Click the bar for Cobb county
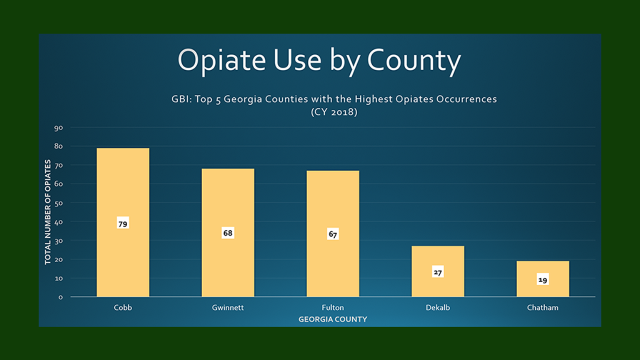pos(123,222)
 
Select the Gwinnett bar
pos(228,232)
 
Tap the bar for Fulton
pos(333,233)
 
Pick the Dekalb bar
pos(438,271)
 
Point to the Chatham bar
pos(543,279)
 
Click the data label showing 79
pos(123,223)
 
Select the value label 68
pos(228,233)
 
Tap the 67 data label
pos(333,234)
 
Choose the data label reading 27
pos(438,272)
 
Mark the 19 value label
pos(543,279)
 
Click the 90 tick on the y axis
pos(58,128)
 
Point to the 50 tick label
pos(58,203)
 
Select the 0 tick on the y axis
pos(60,297)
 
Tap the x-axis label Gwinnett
pos(228,307)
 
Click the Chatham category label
pos(543,307)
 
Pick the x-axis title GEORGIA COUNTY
pos(333,319)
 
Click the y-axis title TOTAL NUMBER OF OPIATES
pos(47,212)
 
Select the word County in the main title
pos(414,60)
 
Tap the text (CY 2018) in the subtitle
pos(334,111)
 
